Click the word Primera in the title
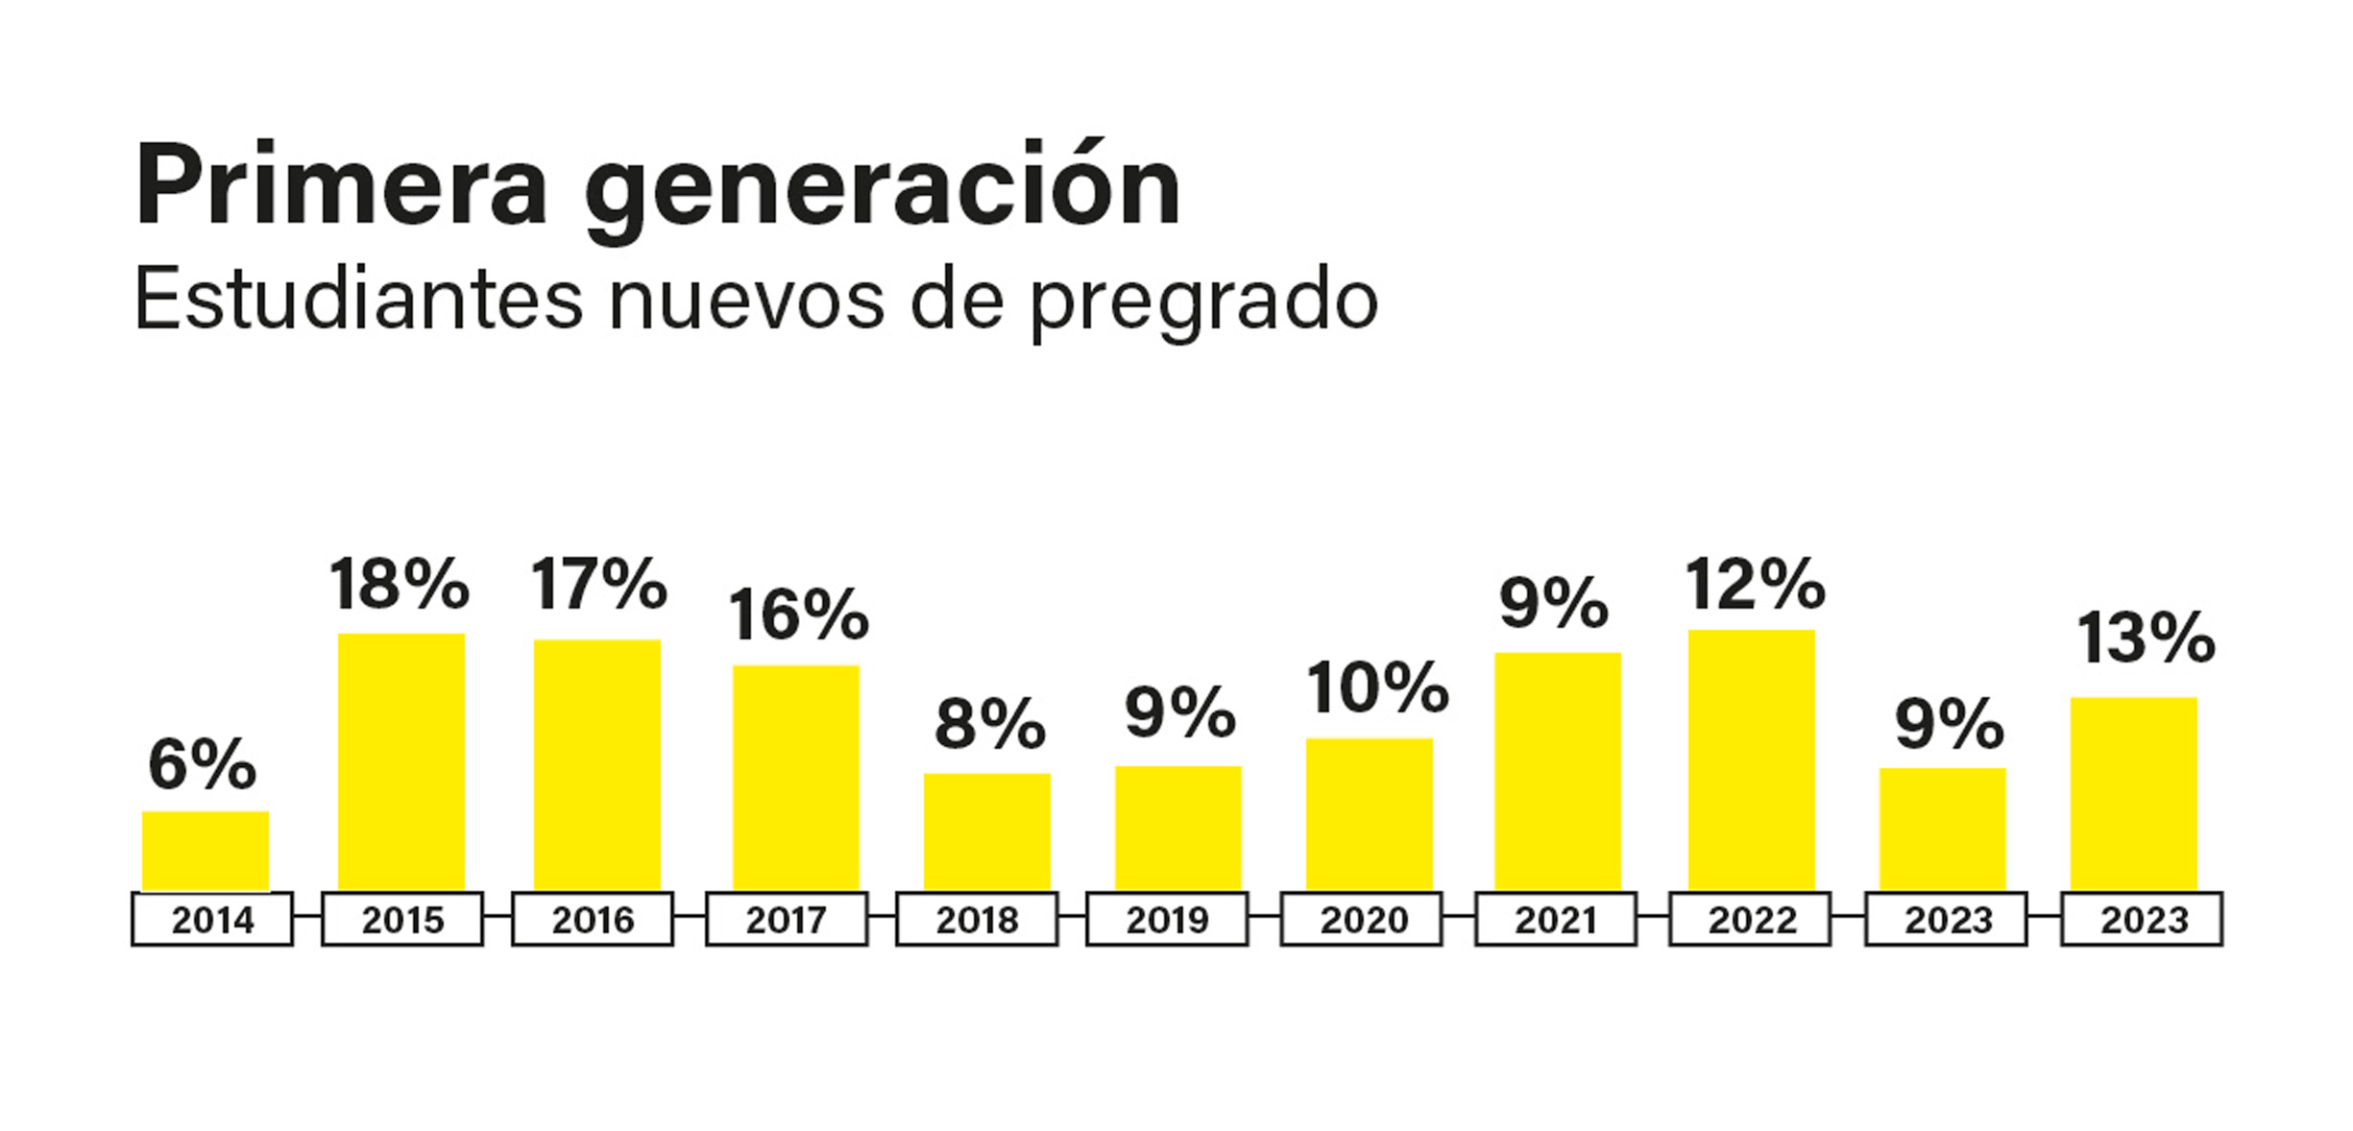341,185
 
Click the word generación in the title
882,188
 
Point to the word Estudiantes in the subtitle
357,300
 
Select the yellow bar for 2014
206,851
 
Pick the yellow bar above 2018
987,831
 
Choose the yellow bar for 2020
1369,814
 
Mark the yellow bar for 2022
1752,759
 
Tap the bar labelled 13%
2134,793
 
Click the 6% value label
203,765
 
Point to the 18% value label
400,584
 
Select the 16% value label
798,615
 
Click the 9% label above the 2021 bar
1554,604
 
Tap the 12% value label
1755,585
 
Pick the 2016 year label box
593,920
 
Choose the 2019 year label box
1167,920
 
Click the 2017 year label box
787,920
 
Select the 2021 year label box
1556,920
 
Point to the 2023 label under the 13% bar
2143,920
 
